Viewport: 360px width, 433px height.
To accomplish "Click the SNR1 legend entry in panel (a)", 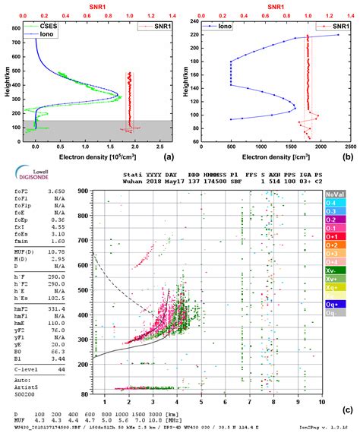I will point(149,27).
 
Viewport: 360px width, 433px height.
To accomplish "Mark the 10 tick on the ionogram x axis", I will point(321,400).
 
